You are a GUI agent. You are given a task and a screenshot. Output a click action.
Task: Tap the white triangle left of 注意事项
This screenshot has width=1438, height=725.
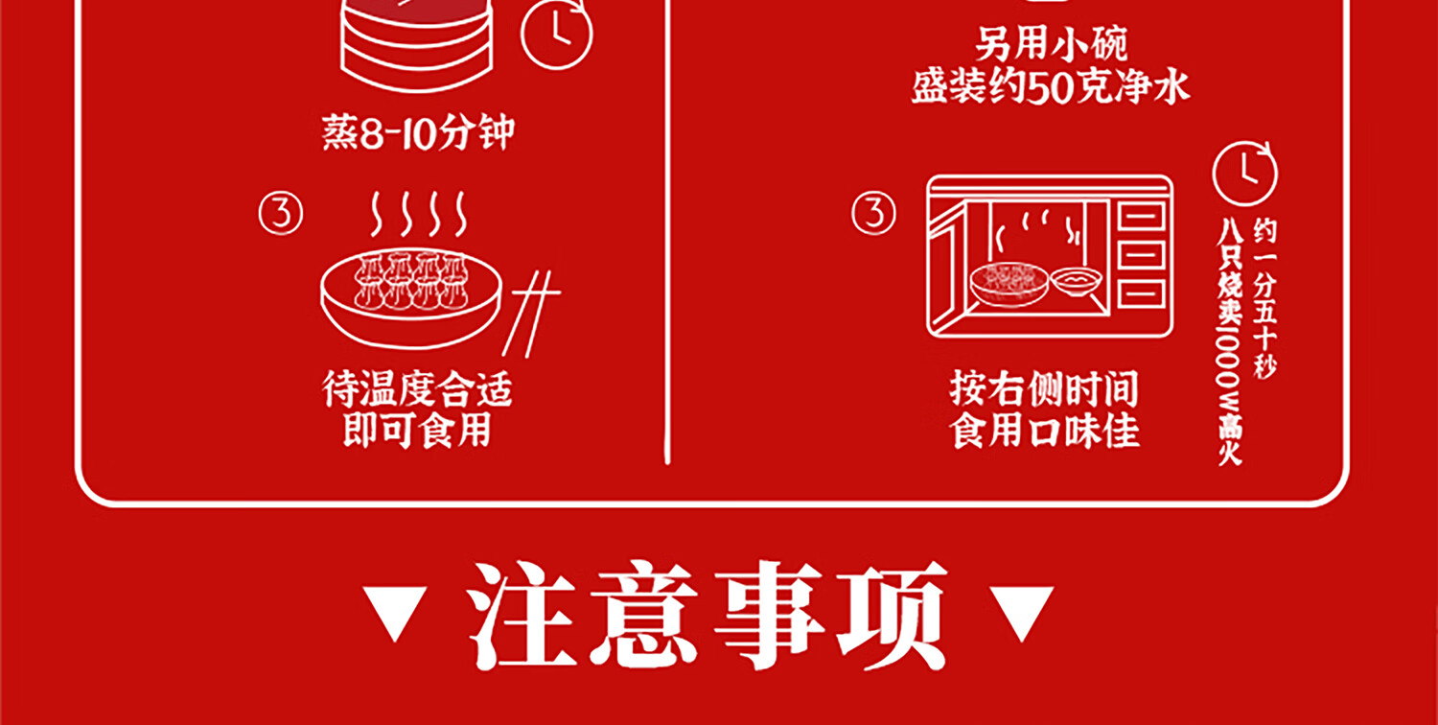click(x=397, y=613)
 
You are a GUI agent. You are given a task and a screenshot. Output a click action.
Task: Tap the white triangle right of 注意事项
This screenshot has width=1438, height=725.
click(x=1020, y=613)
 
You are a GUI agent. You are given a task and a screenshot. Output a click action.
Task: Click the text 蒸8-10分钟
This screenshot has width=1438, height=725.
click(x=418, y=134)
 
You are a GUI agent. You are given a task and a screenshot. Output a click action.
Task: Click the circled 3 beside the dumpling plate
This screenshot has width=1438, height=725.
click(x=281, y=214)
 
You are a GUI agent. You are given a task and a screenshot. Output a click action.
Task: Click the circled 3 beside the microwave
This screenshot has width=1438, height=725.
click(x=873, y=213)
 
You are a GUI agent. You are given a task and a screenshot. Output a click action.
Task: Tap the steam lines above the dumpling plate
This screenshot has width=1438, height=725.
click(x=418, y=214)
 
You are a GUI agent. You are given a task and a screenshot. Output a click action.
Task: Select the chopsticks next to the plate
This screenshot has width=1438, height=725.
click(x=530, y=307)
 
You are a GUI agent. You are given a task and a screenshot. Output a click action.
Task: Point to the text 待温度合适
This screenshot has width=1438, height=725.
click(x=418, y=390)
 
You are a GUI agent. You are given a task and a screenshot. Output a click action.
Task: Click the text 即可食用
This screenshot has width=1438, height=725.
click(x=418, y=431)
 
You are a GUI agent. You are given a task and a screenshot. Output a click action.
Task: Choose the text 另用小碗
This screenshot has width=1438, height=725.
click(x=1052, y=45)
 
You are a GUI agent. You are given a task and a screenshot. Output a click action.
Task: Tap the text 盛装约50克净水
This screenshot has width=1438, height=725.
click(x=1052, y=88)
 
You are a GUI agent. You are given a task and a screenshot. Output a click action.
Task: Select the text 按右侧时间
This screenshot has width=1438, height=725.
click(x=1045, y=390)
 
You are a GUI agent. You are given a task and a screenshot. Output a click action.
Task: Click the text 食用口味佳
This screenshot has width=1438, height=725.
click(x=1045, y=431)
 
